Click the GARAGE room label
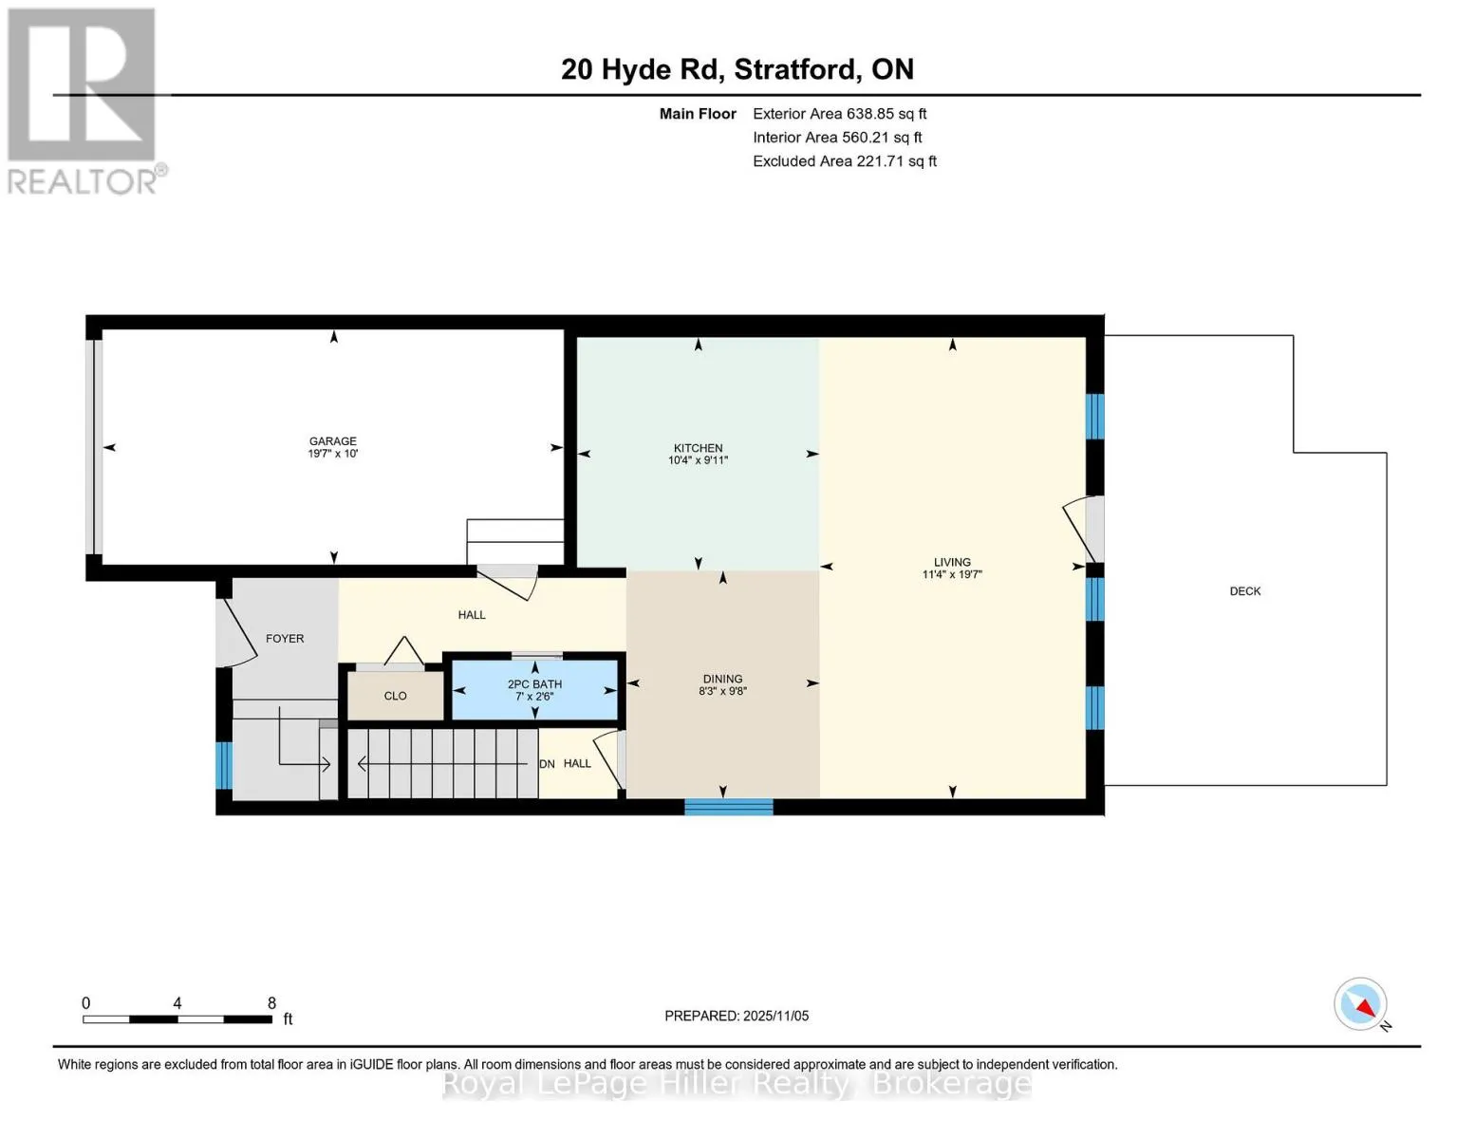(332, 441)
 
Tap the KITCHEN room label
(698, 448)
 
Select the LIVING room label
(952, 562)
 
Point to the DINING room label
(722, 679)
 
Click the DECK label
(1244, 591)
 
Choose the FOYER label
(284, 639)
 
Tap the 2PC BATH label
(534, 683)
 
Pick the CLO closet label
(395, 696)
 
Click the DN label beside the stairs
(547, 764)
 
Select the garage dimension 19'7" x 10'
(332, 453)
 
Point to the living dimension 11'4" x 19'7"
(952, 574)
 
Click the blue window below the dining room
(729, 807)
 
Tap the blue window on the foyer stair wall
(223, 765)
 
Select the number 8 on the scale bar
(271, 1002)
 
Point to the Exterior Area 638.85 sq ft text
(839, 114)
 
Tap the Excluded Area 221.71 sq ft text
(845, 161)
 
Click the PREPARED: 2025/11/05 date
(736, 1016)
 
